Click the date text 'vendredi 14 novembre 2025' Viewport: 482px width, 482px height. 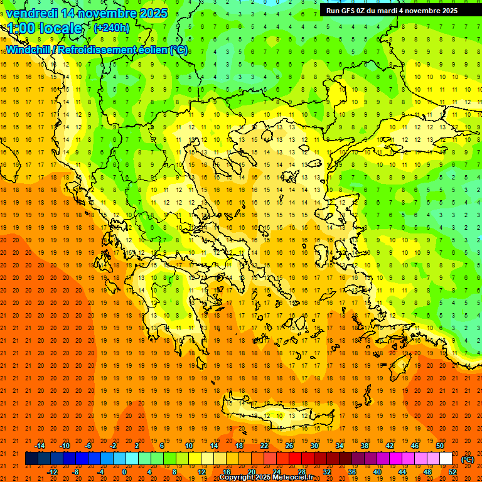click(87, 13)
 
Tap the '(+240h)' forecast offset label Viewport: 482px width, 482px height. click(111, 28)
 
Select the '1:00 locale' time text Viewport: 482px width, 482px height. click(45, 28)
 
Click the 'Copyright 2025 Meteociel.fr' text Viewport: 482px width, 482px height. click(266, 478)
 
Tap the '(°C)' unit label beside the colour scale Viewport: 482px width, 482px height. click(468, 459)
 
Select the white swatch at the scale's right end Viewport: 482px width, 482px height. click(446, 459)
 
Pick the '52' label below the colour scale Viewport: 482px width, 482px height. click(453, 472)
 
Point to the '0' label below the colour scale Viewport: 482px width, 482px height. click(124, 472)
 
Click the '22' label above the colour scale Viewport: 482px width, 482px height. click(264, 446)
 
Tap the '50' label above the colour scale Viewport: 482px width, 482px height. click(440, 446)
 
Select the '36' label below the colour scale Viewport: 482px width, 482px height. click(352, 472)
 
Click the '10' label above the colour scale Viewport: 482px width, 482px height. click(189, 446)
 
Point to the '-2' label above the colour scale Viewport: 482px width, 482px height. click(114, 446)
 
